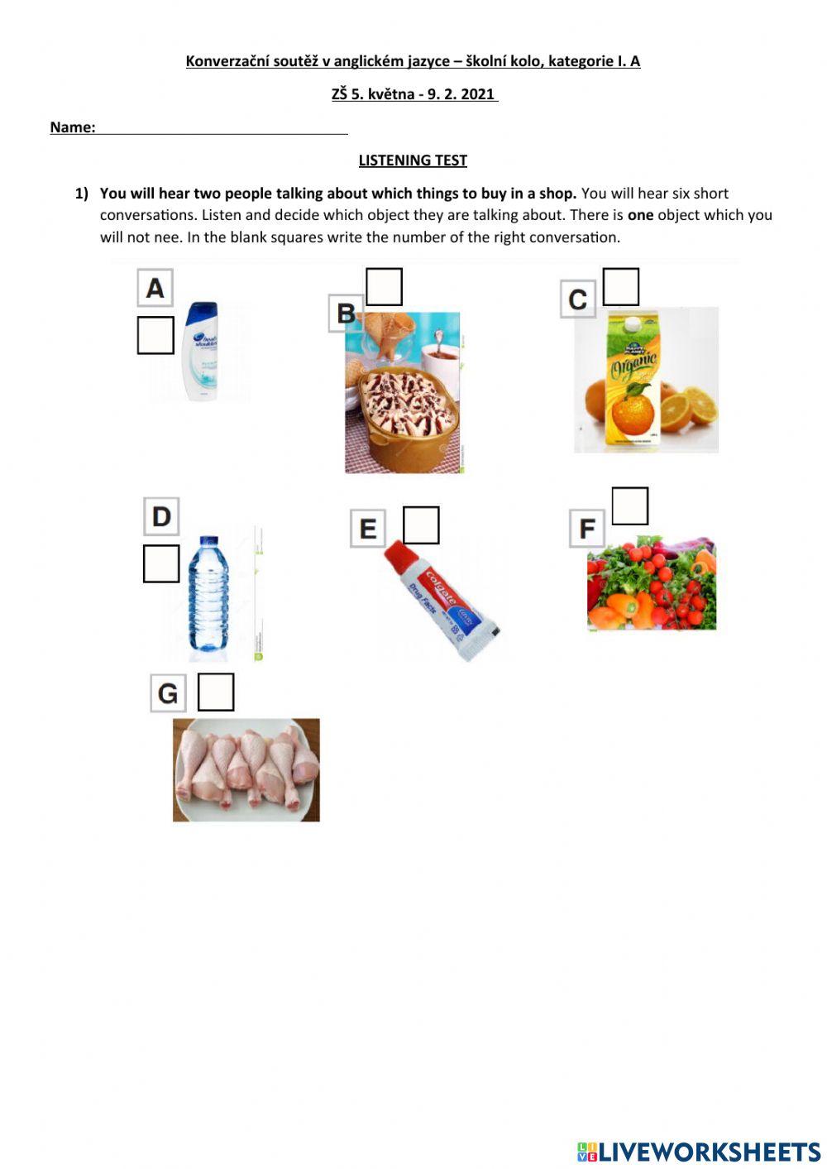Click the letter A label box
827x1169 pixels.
point(155,288)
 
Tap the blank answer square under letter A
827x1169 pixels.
point(155,335)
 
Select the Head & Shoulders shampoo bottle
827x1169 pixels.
point(200,352)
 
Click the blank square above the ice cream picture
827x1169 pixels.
point(384,286)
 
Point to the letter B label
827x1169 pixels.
point(346,314)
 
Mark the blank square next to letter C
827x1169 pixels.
point(621,286)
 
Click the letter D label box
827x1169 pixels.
point(161,516)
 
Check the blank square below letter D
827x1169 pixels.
point(161,563)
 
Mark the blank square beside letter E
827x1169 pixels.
point(421,525)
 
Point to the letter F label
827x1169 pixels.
point(586,529)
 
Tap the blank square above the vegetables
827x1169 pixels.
point(630,505)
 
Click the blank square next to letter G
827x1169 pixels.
point(216,692)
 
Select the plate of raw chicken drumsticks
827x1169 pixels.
point(246,769)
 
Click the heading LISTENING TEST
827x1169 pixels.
point(413,160)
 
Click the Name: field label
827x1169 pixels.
point(73,127)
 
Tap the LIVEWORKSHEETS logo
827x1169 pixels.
point(699,1152)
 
